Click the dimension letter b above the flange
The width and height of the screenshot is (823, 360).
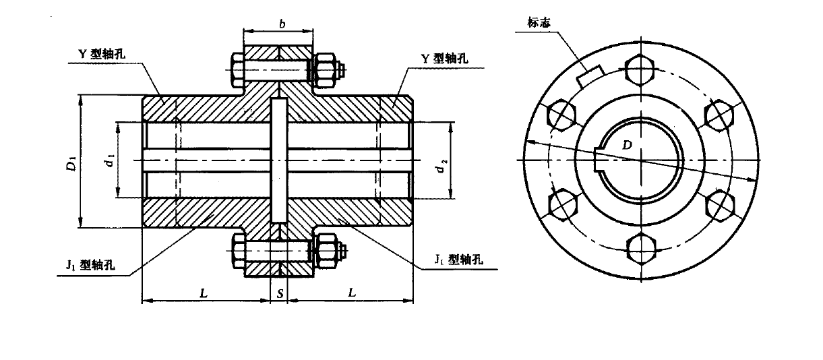(x=281, y=25)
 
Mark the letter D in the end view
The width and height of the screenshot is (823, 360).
(x=627, y=146)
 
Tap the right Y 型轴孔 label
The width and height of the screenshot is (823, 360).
(x=444, y=59)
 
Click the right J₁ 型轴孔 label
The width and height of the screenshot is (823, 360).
(x=460, y=259)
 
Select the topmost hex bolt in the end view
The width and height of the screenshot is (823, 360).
(x=640, y=68)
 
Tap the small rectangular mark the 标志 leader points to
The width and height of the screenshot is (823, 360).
(x=590, y=76)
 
